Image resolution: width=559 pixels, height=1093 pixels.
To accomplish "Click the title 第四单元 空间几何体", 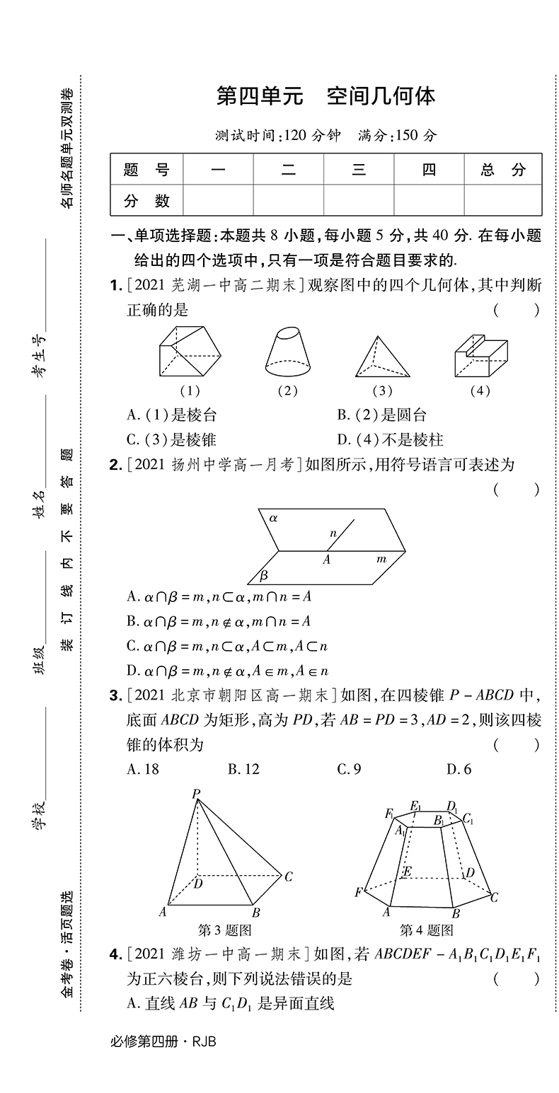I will (325, 96).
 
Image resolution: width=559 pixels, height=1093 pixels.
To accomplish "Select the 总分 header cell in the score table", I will (503, 170).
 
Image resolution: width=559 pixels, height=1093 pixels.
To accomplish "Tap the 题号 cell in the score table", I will (146, 170).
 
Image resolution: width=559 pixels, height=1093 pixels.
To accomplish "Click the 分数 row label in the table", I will (146, 201).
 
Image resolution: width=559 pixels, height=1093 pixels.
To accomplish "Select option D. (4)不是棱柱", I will (390, 440).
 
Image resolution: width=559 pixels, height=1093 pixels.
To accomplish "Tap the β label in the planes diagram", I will (263, 574).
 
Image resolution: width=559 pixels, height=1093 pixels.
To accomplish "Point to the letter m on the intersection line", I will (381, 560).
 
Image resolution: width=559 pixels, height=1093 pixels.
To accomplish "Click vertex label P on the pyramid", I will (195, 794).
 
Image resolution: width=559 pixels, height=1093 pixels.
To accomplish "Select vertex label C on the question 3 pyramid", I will (288, 877).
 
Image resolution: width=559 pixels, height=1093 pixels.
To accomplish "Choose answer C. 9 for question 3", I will (349, 769).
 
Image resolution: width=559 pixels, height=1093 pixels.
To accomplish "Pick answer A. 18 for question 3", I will (143, 769).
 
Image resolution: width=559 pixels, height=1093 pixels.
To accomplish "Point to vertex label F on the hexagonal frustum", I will (359, 893).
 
